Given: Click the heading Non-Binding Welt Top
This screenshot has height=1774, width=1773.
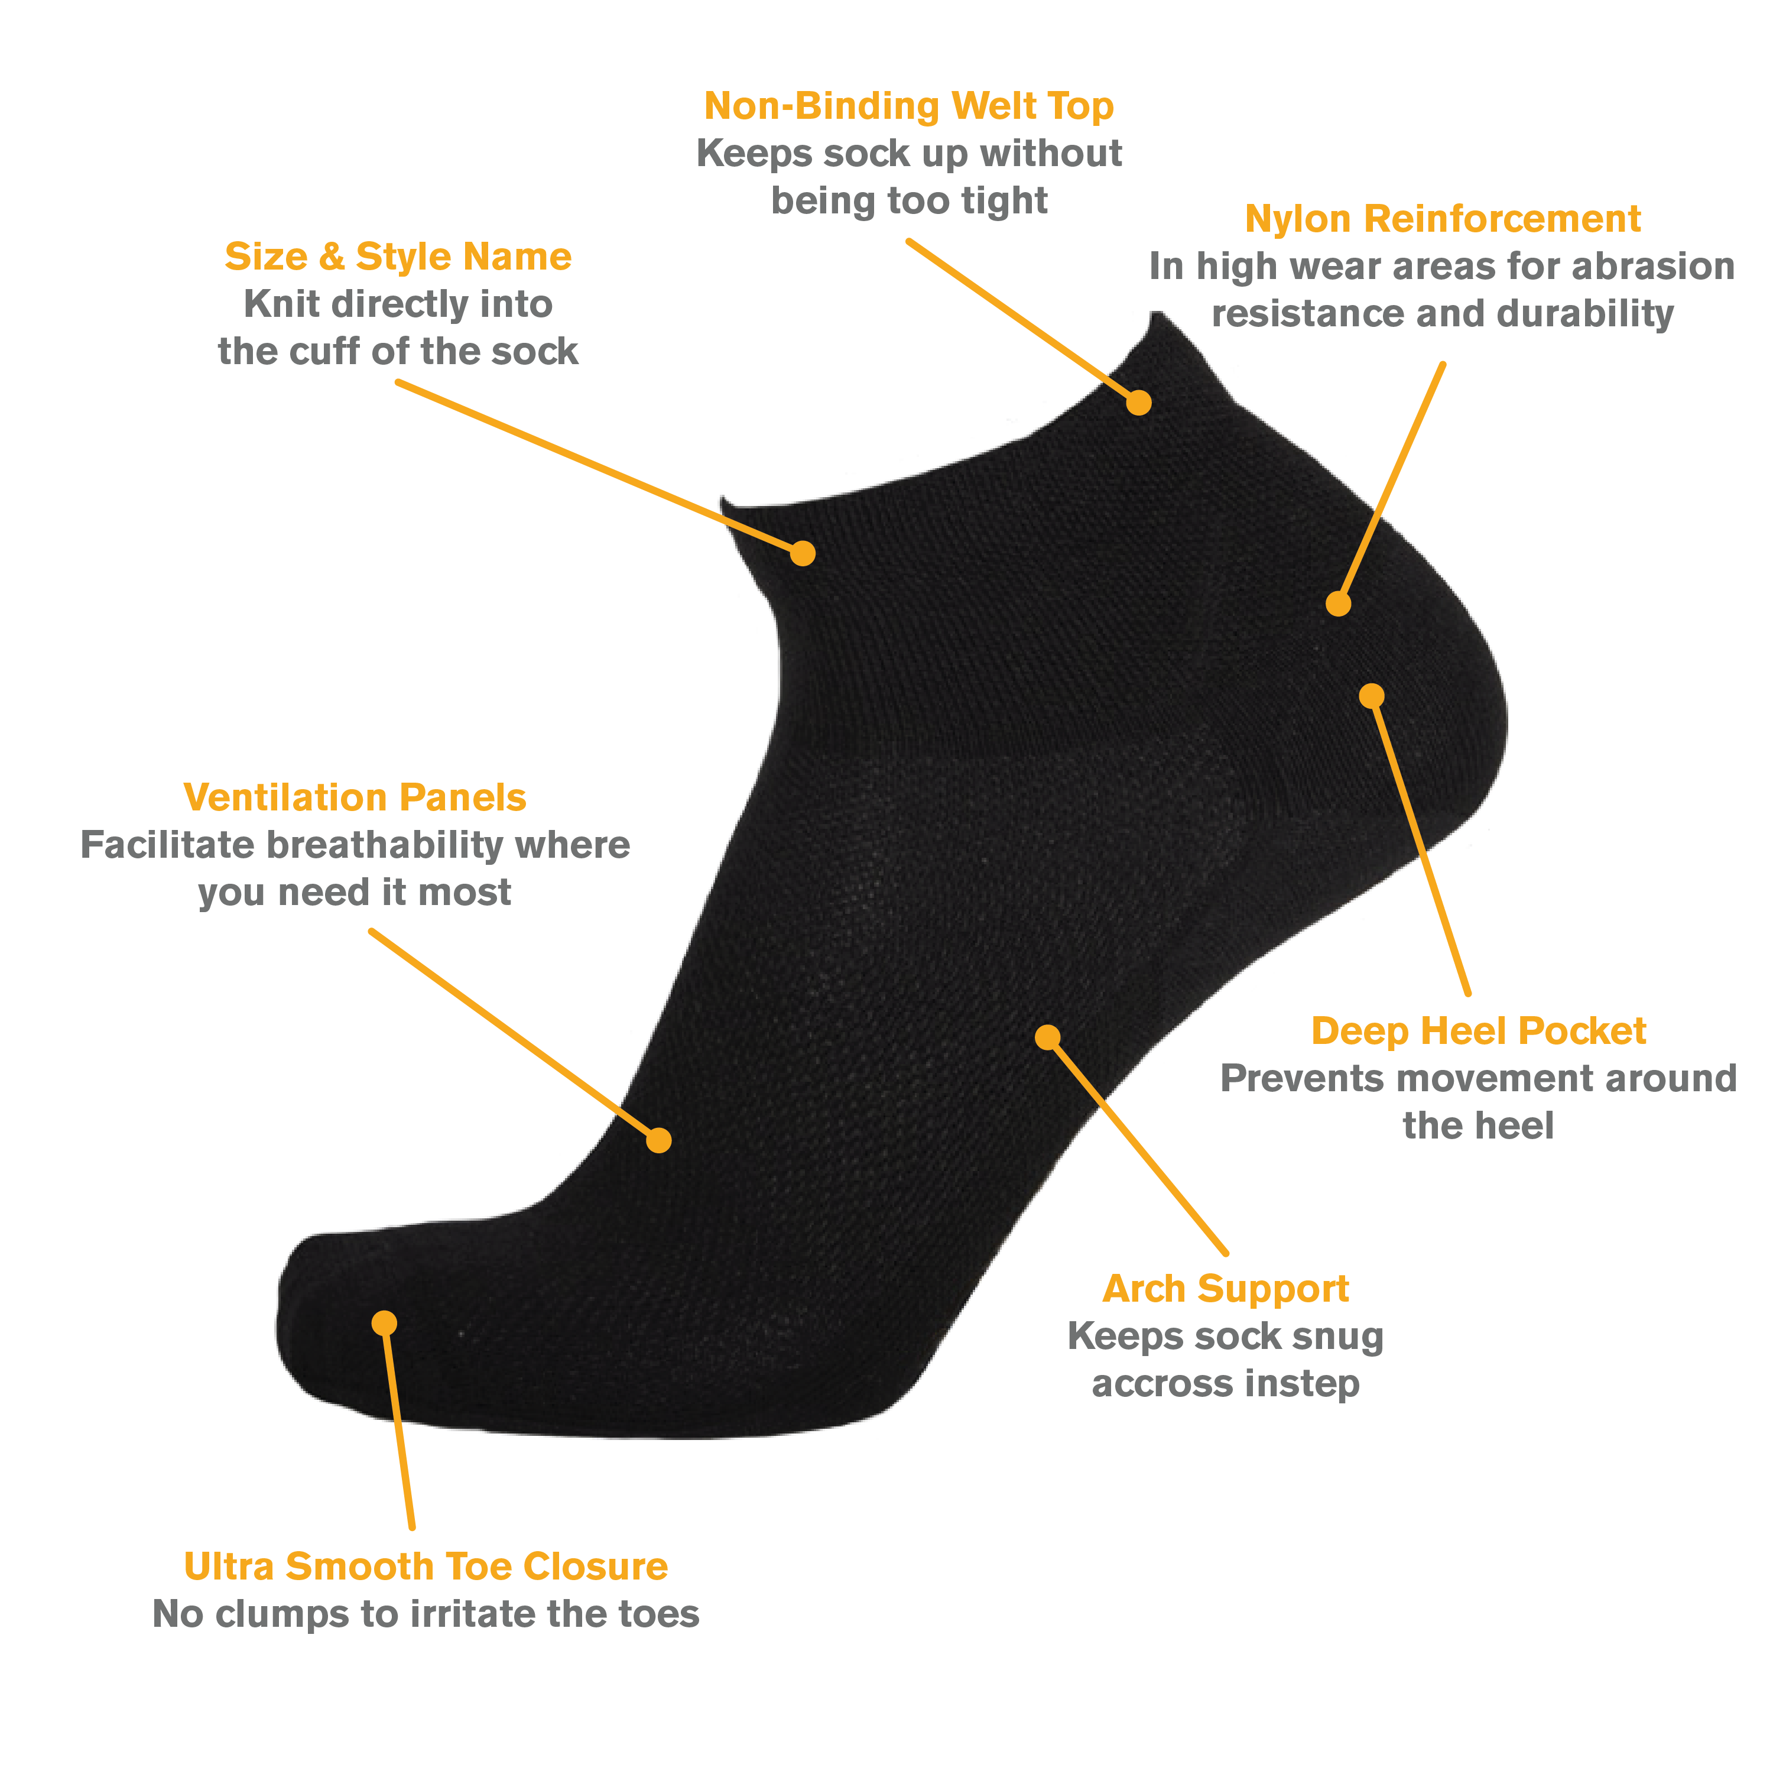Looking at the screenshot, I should coord(908,106).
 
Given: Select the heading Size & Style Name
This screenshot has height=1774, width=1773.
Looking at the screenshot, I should coord(398,257).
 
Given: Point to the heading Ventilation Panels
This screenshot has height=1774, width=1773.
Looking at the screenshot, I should coord(355,798).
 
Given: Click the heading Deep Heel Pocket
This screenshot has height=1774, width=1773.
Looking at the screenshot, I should coord(1477,1031).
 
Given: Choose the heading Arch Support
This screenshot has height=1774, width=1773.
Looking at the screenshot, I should coord(1225,1289).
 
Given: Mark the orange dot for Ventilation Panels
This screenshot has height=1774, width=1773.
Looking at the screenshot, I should coord(658,1140).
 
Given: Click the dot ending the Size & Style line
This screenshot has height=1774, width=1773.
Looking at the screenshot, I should coord(803,553).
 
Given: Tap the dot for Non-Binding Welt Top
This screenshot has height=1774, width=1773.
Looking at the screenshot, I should coord(1138,402).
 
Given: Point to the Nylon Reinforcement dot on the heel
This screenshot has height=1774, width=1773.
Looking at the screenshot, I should coord(1338,604).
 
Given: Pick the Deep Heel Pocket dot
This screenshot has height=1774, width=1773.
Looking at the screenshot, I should coord(1371,695).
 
